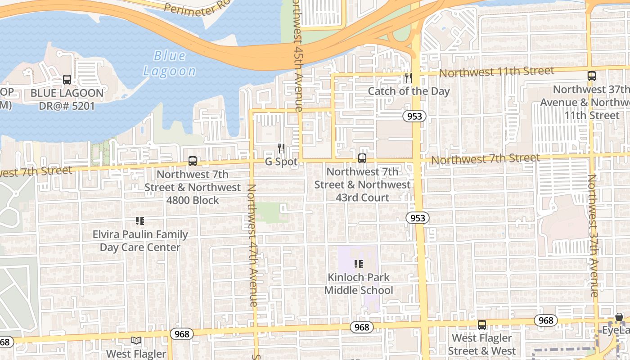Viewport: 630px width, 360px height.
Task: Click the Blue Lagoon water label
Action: coord(169,63)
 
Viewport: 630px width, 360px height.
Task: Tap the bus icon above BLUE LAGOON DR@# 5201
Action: coord(67,80)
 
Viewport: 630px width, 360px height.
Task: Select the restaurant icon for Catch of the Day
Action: coord(408,78)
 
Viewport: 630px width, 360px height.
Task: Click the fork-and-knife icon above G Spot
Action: coord(281,148)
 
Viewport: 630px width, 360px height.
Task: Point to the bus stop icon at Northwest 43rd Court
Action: coord(362,158)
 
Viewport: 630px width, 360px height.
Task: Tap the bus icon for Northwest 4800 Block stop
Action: coord(193,161)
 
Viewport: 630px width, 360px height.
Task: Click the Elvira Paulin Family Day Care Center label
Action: coord(140,241)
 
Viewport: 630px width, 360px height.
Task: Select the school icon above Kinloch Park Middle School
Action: coord(359,264)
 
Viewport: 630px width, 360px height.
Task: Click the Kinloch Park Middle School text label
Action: coord(359,284)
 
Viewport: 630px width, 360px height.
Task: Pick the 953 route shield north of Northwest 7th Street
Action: coord(414,117)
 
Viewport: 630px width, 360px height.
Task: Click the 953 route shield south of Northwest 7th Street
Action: coord(417,218)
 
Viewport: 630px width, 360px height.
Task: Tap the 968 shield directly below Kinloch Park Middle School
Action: coord(361,327)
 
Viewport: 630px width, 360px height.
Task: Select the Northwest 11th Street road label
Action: coord(496,72)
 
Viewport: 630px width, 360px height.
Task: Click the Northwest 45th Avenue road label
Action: coord(297,56)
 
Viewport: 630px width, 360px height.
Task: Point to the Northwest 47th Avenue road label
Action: coord(252,245)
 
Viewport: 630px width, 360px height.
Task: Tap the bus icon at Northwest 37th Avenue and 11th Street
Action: coord(592,76)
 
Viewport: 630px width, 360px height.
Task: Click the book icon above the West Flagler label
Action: coord(136,341)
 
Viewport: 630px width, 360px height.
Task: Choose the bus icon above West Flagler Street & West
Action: coord(482,325)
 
